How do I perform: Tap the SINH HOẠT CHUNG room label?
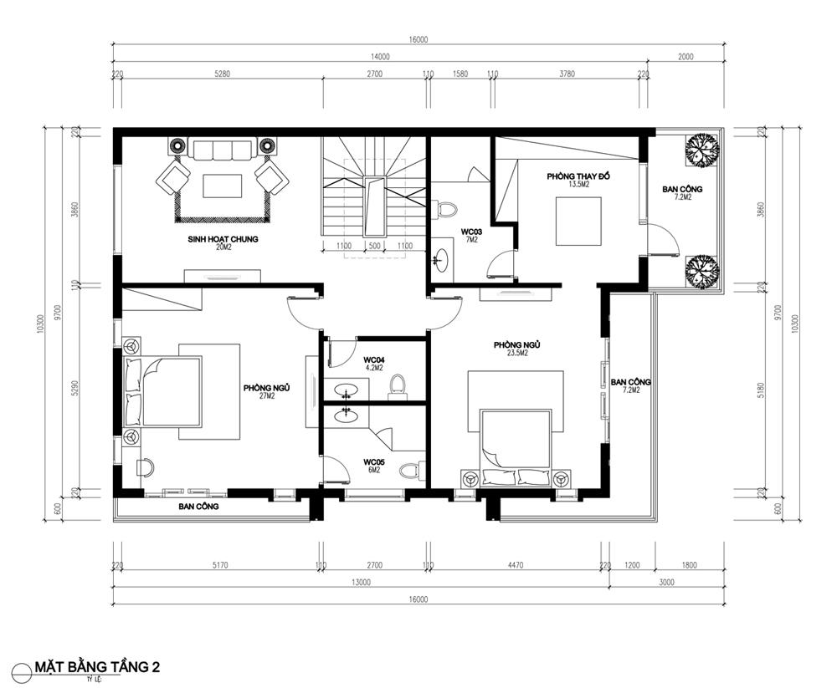click(223, 239)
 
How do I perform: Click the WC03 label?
click(471, 232)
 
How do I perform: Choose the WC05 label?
click(372, 461)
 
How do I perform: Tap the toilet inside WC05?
click(410, 470)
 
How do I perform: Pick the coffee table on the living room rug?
click(223, 184)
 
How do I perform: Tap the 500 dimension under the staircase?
click(374, 246)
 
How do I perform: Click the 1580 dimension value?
click(460, 74)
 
